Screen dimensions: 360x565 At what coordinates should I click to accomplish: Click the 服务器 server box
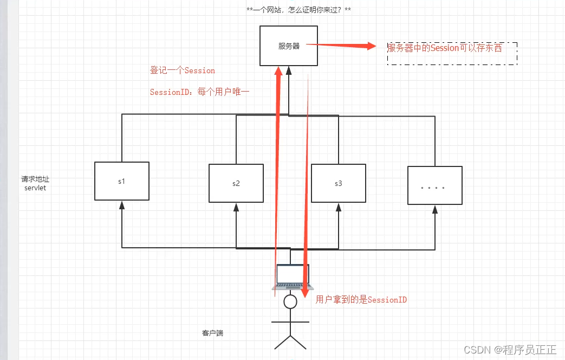(x=289, y=46)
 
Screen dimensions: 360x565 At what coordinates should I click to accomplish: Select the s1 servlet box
(x=122, y=181)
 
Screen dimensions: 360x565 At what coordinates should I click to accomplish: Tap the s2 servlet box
(x=236, y=183)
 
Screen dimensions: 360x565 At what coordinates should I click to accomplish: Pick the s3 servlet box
(x=339, y=183)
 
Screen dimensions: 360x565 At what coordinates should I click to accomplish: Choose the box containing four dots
(x=434, y=185)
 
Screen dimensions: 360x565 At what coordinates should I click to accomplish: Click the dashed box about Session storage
(x=452, y=53)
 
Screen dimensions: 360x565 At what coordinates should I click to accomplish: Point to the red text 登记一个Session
(x=183, y=70)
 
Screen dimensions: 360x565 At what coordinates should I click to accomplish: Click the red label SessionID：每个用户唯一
(x=199, y=92)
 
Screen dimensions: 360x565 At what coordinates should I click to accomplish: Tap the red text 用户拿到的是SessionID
(x=361, y=299)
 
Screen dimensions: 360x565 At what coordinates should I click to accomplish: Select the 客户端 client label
(x=212, y=333)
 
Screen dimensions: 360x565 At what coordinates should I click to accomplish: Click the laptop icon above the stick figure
(x=292, y=277)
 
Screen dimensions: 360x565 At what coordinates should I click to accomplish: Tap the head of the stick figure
(x=291, y=301)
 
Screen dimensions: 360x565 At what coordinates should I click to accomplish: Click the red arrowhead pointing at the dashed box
(x=371, y=46)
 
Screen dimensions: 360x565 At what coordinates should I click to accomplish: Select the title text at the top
(x=298, y=10)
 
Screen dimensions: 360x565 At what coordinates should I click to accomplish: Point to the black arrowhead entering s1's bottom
(x=122, y=204)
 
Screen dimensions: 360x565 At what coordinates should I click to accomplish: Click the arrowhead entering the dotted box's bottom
(x=434, y=209)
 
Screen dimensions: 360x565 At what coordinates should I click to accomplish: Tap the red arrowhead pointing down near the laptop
(x=305, y=294)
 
